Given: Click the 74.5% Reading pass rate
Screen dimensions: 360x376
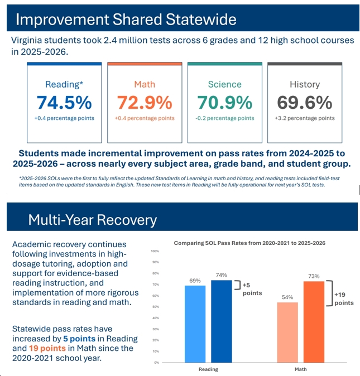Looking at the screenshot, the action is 64,103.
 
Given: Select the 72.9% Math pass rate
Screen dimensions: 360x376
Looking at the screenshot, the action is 145,103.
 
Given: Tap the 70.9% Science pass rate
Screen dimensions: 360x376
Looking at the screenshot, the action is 225,103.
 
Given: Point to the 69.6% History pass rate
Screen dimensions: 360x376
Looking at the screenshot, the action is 305,103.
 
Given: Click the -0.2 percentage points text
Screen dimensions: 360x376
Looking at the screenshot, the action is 225,118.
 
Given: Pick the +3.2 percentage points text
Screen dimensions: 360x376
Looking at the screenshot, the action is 305,118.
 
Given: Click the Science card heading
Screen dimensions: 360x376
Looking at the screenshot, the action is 225,84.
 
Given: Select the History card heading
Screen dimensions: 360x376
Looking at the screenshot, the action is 305,84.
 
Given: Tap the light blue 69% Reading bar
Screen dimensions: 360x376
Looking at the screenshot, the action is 195,324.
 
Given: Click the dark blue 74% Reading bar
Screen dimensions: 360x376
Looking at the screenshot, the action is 222,321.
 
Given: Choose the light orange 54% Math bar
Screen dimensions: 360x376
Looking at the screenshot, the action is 287,332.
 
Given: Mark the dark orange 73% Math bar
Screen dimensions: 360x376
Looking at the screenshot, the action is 314,322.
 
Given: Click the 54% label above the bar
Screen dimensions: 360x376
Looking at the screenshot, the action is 287,297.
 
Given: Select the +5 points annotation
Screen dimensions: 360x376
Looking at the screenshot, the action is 252,289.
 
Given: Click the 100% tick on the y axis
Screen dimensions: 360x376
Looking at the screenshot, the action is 155,251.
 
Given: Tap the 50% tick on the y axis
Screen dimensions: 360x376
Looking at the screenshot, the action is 156,307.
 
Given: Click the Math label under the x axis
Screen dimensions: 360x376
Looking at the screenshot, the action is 300,369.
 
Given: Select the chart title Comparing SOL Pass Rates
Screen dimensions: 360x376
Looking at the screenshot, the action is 249,243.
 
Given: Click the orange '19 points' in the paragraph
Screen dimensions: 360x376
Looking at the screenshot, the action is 47,348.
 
